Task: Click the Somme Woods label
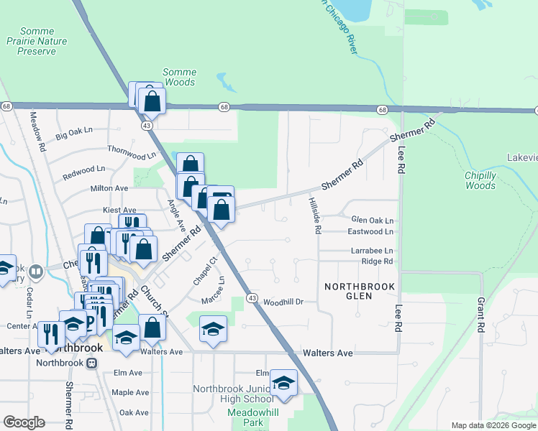(x=179, y=77)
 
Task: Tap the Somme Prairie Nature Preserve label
(x=42, y=41)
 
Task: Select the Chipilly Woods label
(x=480, y=180)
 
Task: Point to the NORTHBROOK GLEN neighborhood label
(x=360, y=291)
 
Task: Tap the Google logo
(x=24, y=422)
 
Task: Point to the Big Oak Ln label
(x=75, y=132)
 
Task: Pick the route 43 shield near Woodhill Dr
(x=252, y=297)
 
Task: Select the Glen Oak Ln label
(x=372, y=221)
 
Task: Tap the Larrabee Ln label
(x=372, y=251)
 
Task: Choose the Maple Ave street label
(x=130, y=393)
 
